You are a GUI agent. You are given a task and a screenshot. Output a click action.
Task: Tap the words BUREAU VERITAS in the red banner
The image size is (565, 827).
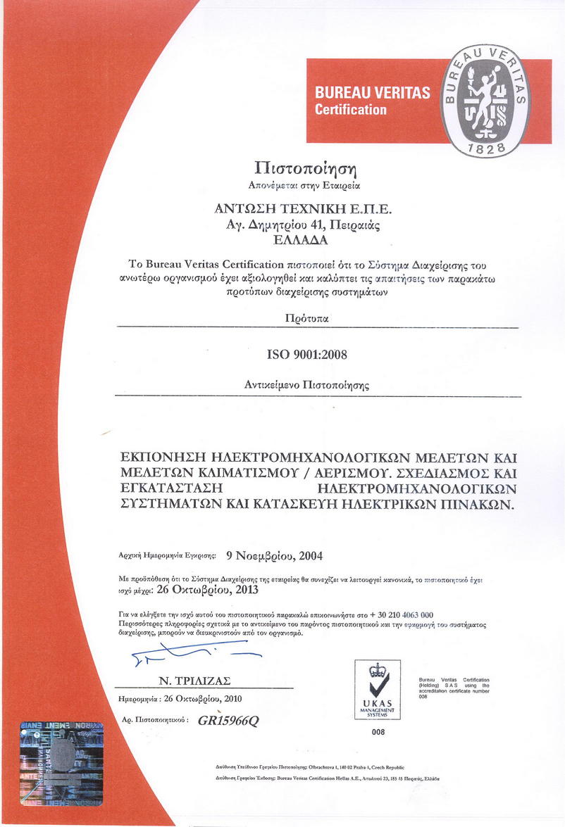tap(372, 93)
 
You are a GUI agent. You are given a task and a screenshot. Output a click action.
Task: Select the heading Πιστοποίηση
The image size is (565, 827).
tap(305, 169)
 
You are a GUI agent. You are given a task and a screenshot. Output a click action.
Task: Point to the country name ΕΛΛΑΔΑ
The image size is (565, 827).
tap(305, 239)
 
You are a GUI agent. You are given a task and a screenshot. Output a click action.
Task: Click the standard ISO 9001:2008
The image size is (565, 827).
tap(307, 354)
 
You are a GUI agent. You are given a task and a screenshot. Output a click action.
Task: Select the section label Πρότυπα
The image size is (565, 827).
tap(305, 319)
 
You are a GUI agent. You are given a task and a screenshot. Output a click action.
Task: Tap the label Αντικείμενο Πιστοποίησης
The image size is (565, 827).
tap(306, 385)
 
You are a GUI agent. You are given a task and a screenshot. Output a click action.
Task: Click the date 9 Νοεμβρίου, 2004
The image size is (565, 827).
tap(275, 555)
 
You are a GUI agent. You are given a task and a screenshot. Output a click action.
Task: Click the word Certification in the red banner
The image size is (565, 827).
tap(350, 109)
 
